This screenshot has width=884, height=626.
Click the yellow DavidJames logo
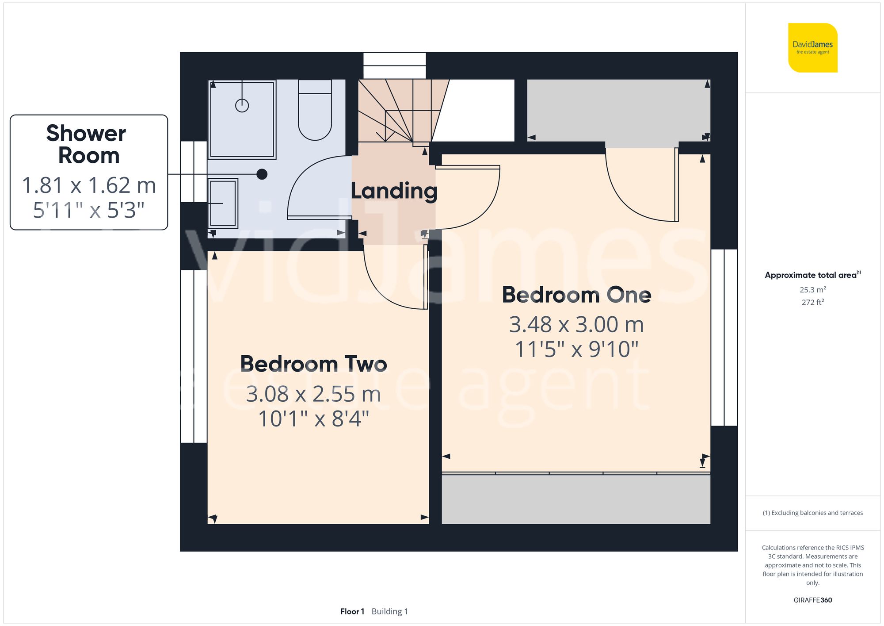coord(812,48)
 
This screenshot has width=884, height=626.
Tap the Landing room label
coord(394,191)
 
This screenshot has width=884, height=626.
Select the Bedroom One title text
coord(576,295)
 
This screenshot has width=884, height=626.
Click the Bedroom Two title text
coord(313,364)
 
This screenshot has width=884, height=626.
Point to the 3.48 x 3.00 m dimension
coord(576,325)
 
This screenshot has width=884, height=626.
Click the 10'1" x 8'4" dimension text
coord(313,419)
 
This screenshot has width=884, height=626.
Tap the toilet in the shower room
coord(315,111)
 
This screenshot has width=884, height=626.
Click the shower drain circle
coord(242,105)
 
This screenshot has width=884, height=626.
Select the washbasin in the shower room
coord(223,203)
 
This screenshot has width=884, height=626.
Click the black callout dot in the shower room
coord(262,174)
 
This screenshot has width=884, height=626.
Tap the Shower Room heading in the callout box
coord(88,144)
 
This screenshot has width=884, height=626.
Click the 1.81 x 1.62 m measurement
coord(89,185)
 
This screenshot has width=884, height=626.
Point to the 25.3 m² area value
coord(812,290)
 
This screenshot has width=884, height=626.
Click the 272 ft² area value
coord(812,302)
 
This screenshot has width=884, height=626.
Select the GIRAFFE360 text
coord(812,600)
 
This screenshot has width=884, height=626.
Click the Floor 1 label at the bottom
coord(352,611)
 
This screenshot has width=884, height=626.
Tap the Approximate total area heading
coord(812,275)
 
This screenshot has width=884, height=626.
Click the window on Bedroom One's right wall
coord(724,338)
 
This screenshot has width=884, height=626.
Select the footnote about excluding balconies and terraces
coord(812,513)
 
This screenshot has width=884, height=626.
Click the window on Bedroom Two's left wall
coord(194,356)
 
